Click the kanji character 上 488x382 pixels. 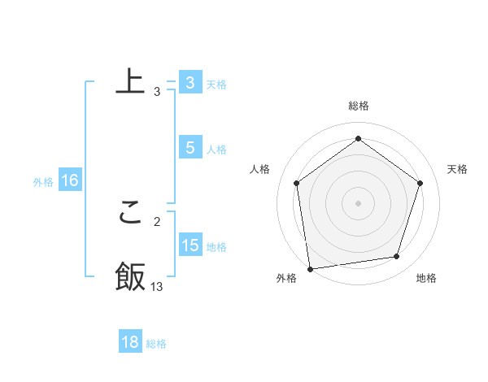pyautogui.click(x=130, y=81)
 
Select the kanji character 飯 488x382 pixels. pyautogui.click(x=130, y=276)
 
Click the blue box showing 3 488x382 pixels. pyautogui.click(x=190, y=83)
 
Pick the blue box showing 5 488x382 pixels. pyautogui.click(x=190, y=148)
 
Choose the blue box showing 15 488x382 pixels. pyautogui.click(x=190, y=245)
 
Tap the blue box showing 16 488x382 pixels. pyautogui.click(x=70, y=180)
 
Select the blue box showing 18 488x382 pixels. pyautogui.click(x=130, y=342)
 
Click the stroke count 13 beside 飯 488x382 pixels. pyautogui.click(x=157, y=286)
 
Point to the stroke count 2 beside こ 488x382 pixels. pyautogui.click(x=157, y=221)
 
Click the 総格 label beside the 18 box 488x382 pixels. pyautogui.click(x=156, y=344)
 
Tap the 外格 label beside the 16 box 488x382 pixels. pyautogui.click(x=43, y=182)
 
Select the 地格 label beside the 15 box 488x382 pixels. pyautogui.click(x=216, y=247)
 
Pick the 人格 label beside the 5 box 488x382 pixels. pyautogui.click(x=216, y=150)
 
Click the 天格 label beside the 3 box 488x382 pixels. pyautogui.click(x=216, y=85)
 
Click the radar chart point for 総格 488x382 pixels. pyautogui.click(x=358, y=139)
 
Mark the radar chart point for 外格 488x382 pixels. pyautogui.click(x=310, y=268)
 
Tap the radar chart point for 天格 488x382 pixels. pyautogui.click(x=420, y=183)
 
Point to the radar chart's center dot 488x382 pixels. pyautogui.click(x=358, y=202)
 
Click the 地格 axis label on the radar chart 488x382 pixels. pyautogui.click(x=426, y=279)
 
